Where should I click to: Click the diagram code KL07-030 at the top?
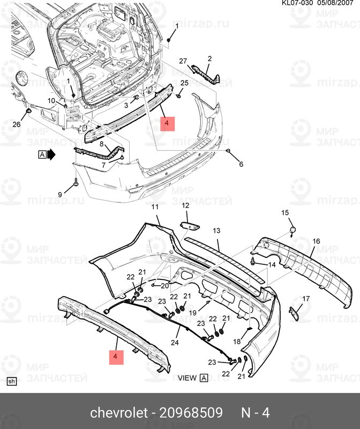click(x=298, y=3)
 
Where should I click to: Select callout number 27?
click(x=182, y=61)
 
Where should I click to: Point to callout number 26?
click(x=17, y=124)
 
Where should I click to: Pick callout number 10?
click(x=51, y=101)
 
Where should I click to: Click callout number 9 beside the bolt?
click(x=60, y=194)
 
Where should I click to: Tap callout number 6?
click(x=241, y=164)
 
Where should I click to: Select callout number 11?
click(x=155, y=207)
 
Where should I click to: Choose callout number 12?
click(x=185, y=206)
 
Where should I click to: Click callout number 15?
click(x=286, y=213)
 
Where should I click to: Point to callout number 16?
click(x=316, y=241)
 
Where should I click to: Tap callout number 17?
click(x=306, y=298)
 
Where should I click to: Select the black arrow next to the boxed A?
click(x=51, y=155)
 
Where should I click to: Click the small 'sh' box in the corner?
click(x=11, y=381)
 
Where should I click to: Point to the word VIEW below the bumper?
click(x=187, y=378)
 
